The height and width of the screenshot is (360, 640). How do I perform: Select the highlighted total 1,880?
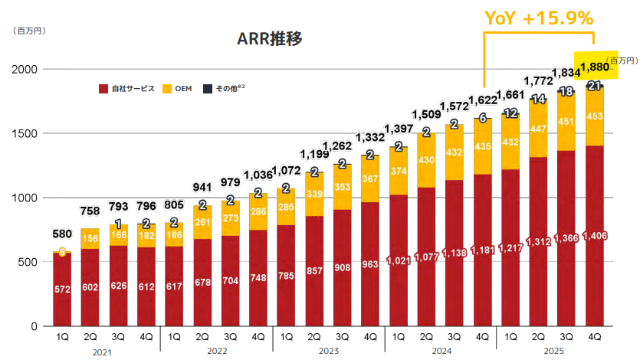coord(594,67)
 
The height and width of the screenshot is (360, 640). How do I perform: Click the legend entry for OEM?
coord(177,89)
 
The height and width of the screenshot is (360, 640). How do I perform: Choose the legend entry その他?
coord(223,89)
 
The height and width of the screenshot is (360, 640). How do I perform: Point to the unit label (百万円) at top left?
coord(28,31)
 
